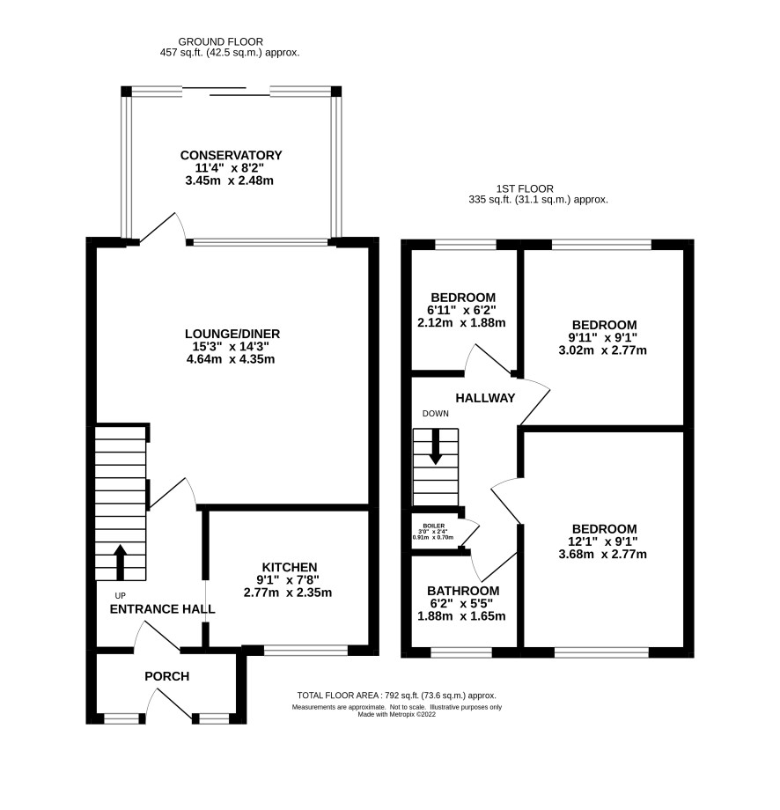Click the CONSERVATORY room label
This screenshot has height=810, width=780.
click(x=231, y=155)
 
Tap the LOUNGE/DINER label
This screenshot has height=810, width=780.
click(x=232, y=334)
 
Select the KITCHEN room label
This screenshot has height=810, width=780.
click(x=290, y=567)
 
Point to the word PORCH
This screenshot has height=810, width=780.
click(x=167, y=676)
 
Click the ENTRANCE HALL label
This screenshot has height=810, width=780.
click(x=162, y=609)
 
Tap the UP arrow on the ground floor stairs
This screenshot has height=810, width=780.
click(x=120, y=562)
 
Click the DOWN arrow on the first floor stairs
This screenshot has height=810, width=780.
click(x=436, y=447)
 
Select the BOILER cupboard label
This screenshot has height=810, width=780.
click(x=434, y=526)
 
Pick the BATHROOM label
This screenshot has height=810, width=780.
click(x=463, y=591)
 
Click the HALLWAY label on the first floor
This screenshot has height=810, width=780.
click(x=485, y=398)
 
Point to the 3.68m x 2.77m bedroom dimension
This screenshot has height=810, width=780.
click(x=603, y=555)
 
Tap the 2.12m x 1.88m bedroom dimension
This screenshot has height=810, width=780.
click(x=461, y=323)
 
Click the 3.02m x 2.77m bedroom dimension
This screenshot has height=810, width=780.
click(x=603, y=350)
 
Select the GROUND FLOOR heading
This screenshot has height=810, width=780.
click(x=221, y=42)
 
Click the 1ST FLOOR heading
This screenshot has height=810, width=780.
click(x=525, y=189)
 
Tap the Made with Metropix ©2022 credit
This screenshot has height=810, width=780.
click(x=397, y=714)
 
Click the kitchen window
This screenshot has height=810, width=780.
click(x=305, y=651)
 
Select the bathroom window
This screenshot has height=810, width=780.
click(x=461, y=652)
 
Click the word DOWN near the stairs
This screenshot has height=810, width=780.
click(x=436, y=413)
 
